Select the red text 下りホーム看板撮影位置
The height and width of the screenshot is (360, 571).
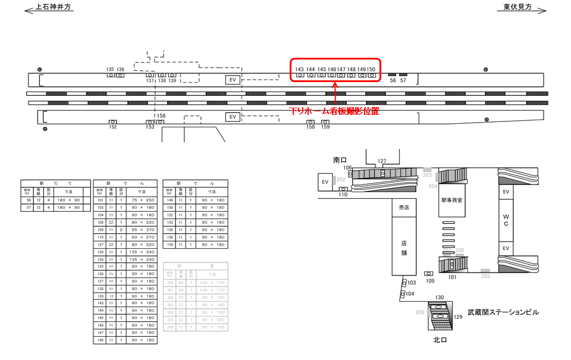point(334,111)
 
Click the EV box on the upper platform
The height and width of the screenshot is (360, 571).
point(233,80)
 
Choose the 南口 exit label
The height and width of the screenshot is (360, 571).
point(340,160)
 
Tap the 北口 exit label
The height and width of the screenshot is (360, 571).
point(440,340)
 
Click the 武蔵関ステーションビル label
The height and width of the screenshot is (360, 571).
point(503,312)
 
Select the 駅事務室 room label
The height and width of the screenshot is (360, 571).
point(452,201)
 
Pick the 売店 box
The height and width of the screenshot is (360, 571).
point(404,207)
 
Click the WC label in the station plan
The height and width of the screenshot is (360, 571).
point(506,220)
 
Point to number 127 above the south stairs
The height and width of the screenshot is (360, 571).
point(382,161)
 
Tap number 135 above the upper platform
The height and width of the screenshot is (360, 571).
point(110,70)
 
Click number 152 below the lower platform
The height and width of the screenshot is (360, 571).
point(113,127)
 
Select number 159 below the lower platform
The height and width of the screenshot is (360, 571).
point(325,127)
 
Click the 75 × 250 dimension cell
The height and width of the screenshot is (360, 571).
point(141,200)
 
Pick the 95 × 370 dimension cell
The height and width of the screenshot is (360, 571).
point(141,228)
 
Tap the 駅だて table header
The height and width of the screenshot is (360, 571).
point(55,183)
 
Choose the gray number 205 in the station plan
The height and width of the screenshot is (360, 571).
point(486,276)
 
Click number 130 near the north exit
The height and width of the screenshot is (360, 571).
point(440,298)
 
